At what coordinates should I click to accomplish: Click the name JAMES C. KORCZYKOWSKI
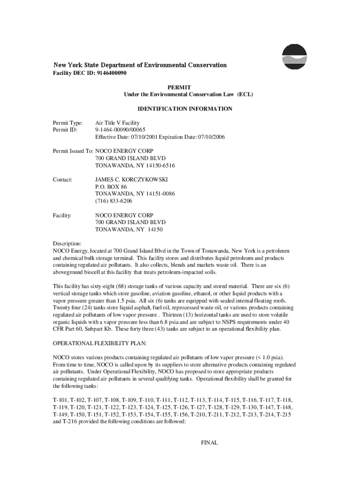(131, 179)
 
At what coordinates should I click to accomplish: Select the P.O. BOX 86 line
(111, 187)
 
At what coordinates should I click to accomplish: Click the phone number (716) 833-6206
(114, 201)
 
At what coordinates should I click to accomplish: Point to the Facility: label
(63, 215)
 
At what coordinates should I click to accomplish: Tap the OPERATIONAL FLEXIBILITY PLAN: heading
(100, 343)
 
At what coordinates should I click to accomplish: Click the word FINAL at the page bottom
(209, 443)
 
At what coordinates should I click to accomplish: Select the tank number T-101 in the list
(60, 400)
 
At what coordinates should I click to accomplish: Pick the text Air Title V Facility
(117, 123)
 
